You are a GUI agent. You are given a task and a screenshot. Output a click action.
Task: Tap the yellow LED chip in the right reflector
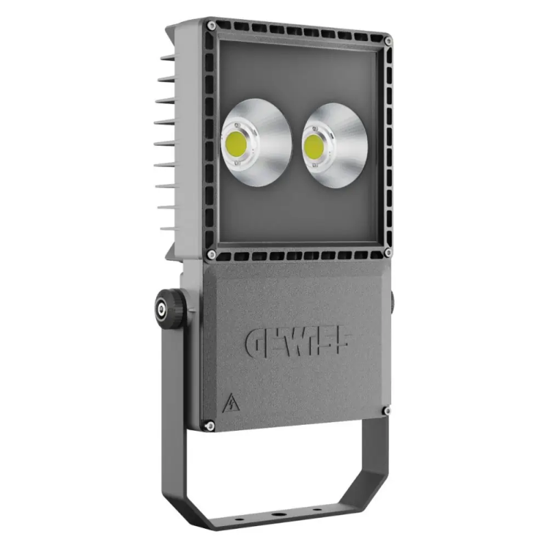[x=316, y=145]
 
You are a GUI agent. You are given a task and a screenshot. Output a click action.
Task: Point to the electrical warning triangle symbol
[x=229, y=403]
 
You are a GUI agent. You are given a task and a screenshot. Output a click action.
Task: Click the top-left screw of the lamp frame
[x=212, y=25]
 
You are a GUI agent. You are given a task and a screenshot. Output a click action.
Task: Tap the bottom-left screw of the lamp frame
[x=212, y=254]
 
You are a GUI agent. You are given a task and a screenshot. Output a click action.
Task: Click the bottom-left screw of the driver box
[x=211, y=427]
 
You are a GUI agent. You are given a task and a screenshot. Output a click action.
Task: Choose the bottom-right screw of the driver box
[x=387, y=411]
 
